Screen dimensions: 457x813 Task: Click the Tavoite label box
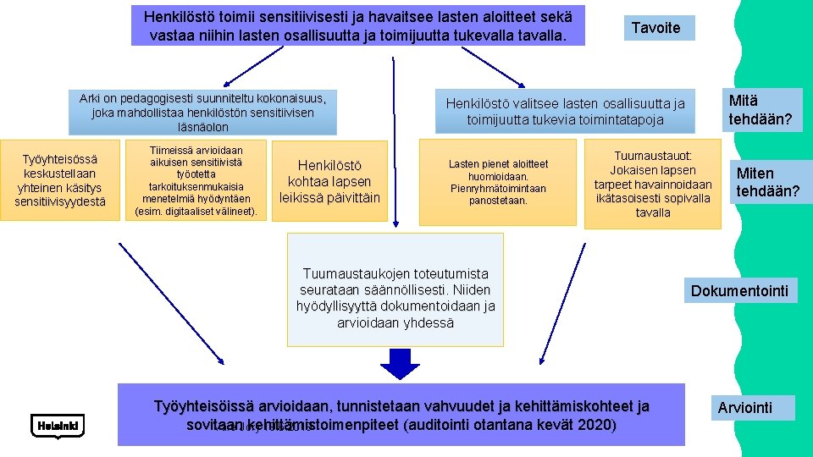[x=656, y=28]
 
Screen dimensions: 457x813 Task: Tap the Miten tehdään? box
[x=766, y=182]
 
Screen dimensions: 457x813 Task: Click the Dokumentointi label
[x=739, y=291]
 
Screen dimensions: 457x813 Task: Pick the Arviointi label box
[x=744, y=408]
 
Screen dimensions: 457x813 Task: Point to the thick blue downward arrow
[x=400, y=361]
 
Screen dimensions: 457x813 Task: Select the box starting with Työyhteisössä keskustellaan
[x=60, y=180]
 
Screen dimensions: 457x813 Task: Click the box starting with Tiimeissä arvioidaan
[x=196, y=180]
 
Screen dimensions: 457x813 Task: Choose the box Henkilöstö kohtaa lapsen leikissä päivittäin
[x=329, y=181]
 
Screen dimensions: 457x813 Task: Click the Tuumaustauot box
[x=653, y=184]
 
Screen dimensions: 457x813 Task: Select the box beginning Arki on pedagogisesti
[x=203, y=112]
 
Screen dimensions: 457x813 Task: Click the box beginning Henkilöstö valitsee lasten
[x=565, y=111]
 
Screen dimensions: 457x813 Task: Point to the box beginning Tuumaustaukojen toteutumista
[x=395, y=298]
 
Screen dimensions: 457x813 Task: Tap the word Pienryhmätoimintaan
[x=498, y=188]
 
